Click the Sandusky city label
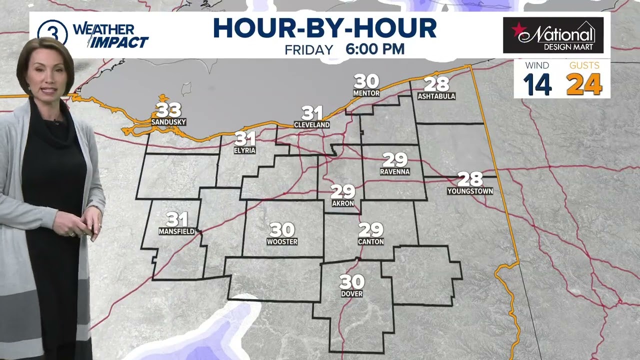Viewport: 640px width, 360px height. click(168, 122)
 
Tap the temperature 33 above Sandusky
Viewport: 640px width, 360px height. click(168, 110)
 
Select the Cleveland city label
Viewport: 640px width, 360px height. click(311, 124)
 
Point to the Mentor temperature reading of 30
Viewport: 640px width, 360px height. click(366, 81)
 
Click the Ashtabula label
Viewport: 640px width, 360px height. click(436, 96)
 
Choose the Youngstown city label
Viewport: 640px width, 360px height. click(470, 191)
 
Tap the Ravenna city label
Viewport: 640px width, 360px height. click(394, 171)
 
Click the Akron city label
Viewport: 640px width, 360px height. click(343, 203)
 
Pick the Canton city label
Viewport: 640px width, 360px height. click(370, 241)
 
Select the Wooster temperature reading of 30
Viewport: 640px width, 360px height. click(282, 230)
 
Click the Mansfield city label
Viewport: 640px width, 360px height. click(176, 231)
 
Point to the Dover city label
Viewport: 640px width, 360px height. click(351, 293)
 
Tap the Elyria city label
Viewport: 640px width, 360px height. click(244, 150)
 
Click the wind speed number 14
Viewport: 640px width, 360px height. click(537, 84)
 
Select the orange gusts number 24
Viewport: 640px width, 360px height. click(584, 84)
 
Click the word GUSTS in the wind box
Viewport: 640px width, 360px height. click(584, 65)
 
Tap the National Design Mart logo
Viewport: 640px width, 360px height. click(553, 35)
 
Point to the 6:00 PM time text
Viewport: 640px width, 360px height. click(375, 49)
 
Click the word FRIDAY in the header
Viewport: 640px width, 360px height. click(309, 49)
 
